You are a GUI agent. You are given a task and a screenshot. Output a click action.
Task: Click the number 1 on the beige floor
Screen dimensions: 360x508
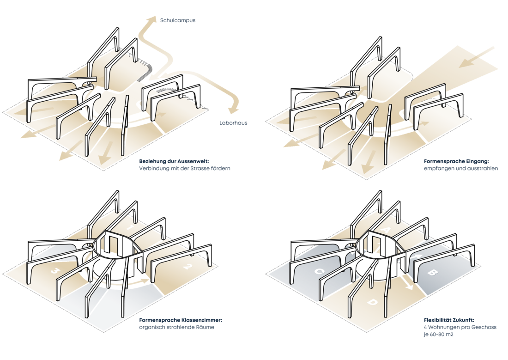130,228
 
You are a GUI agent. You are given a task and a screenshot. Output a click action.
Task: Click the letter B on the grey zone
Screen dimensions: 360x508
433,273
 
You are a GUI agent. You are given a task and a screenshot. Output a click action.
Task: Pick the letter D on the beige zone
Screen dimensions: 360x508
372,303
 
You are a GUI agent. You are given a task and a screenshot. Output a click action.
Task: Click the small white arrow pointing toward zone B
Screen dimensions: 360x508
419,255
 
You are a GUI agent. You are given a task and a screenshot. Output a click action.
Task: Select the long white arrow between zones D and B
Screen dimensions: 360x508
406,281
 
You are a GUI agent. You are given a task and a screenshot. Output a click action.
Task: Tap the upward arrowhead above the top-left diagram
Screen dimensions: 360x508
151,19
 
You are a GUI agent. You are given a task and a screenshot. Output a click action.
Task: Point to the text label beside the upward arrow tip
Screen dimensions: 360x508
177,20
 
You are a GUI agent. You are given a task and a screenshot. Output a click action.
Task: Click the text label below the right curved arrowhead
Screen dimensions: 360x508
233,123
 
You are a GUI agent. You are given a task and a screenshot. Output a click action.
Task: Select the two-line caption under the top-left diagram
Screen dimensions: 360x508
184,165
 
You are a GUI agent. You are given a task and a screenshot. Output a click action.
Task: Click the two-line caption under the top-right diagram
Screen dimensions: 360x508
460,165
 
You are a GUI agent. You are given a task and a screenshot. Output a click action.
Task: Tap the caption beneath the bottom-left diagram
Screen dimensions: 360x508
181,323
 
